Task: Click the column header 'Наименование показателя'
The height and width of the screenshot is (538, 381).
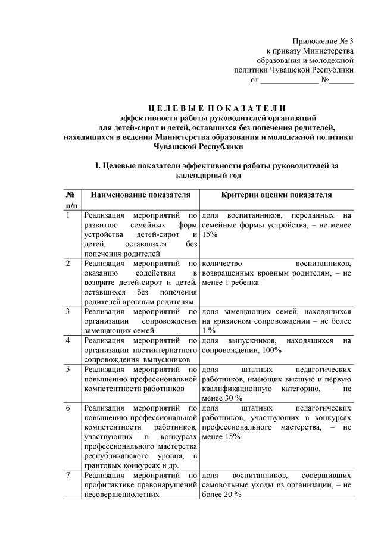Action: point(140,195)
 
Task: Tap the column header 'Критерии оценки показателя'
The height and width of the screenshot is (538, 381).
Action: point(276,195)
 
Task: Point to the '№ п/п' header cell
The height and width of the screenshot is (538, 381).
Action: point(70,199)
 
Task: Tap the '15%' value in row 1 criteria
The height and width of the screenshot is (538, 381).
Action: point(210,235)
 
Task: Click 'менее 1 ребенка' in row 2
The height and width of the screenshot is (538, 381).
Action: point(230,283)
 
